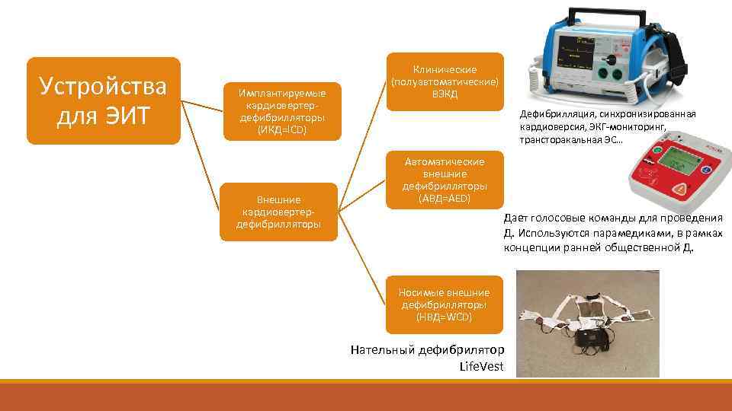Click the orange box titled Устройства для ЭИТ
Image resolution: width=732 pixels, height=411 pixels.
tap(104, 100)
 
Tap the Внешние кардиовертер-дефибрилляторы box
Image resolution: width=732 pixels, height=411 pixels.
tap(278, 212)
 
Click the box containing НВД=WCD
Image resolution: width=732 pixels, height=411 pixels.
tap(444, 304)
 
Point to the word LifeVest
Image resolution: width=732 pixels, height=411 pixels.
tap(482, 366)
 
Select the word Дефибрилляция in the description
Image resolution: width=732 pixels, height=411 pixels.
tap(557, 114)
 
